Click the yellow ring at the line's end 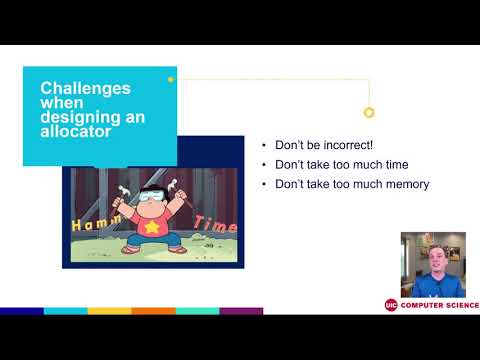pos(369,113)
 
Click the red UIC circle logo pos(391,305)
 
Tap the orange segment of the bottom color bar pos(153,311)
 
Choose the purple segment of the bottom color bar pos(241,311)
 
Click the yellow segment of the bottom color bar pos(109,311)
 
